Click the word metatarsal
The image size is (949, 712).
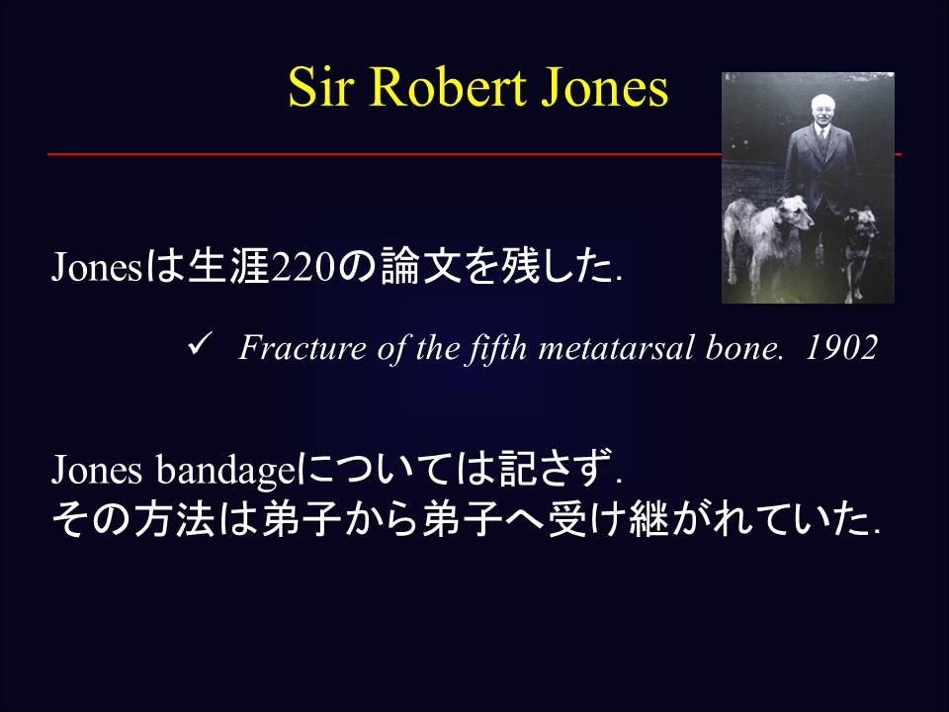click(x=622, y=349)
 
